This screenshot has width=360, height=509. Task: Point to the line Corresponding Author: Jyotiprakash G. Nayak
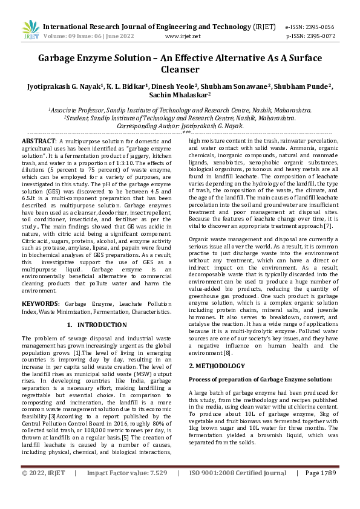(x=180, y=126)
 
